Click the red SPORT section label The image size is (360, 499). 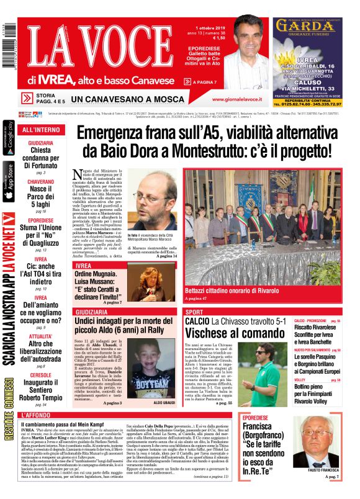[x=194, y=312]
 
